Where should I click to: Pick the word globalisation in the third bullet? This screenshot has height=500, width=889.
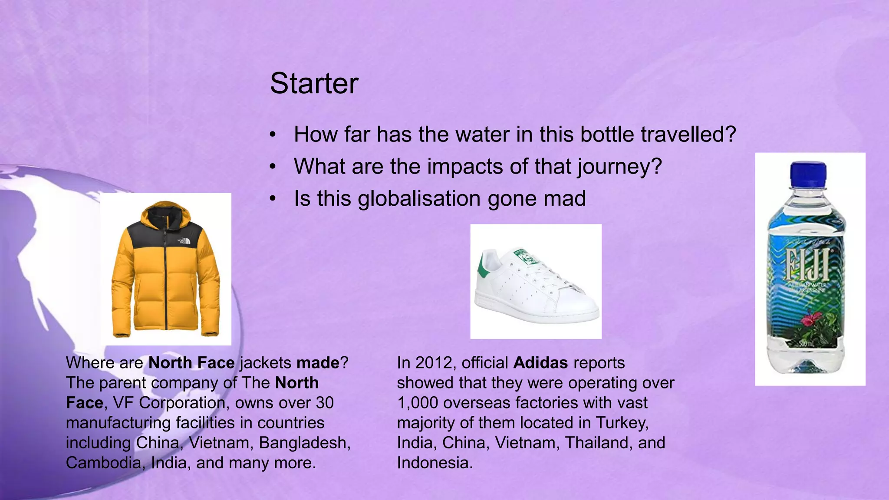(419, 198)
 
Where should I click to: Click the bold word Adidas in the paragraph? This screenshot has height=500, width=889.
(540, 363)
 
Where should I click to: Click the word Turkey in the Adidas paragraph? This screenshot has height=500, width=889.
(622, 423)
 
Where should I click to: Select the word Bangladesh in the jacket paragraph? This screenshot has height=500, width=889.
(304, 443)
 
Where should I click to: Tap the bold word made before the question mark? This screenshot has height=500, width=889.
(318, 363)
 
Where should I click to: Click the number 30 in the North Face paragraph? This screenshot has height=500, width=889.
(325, 403)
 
